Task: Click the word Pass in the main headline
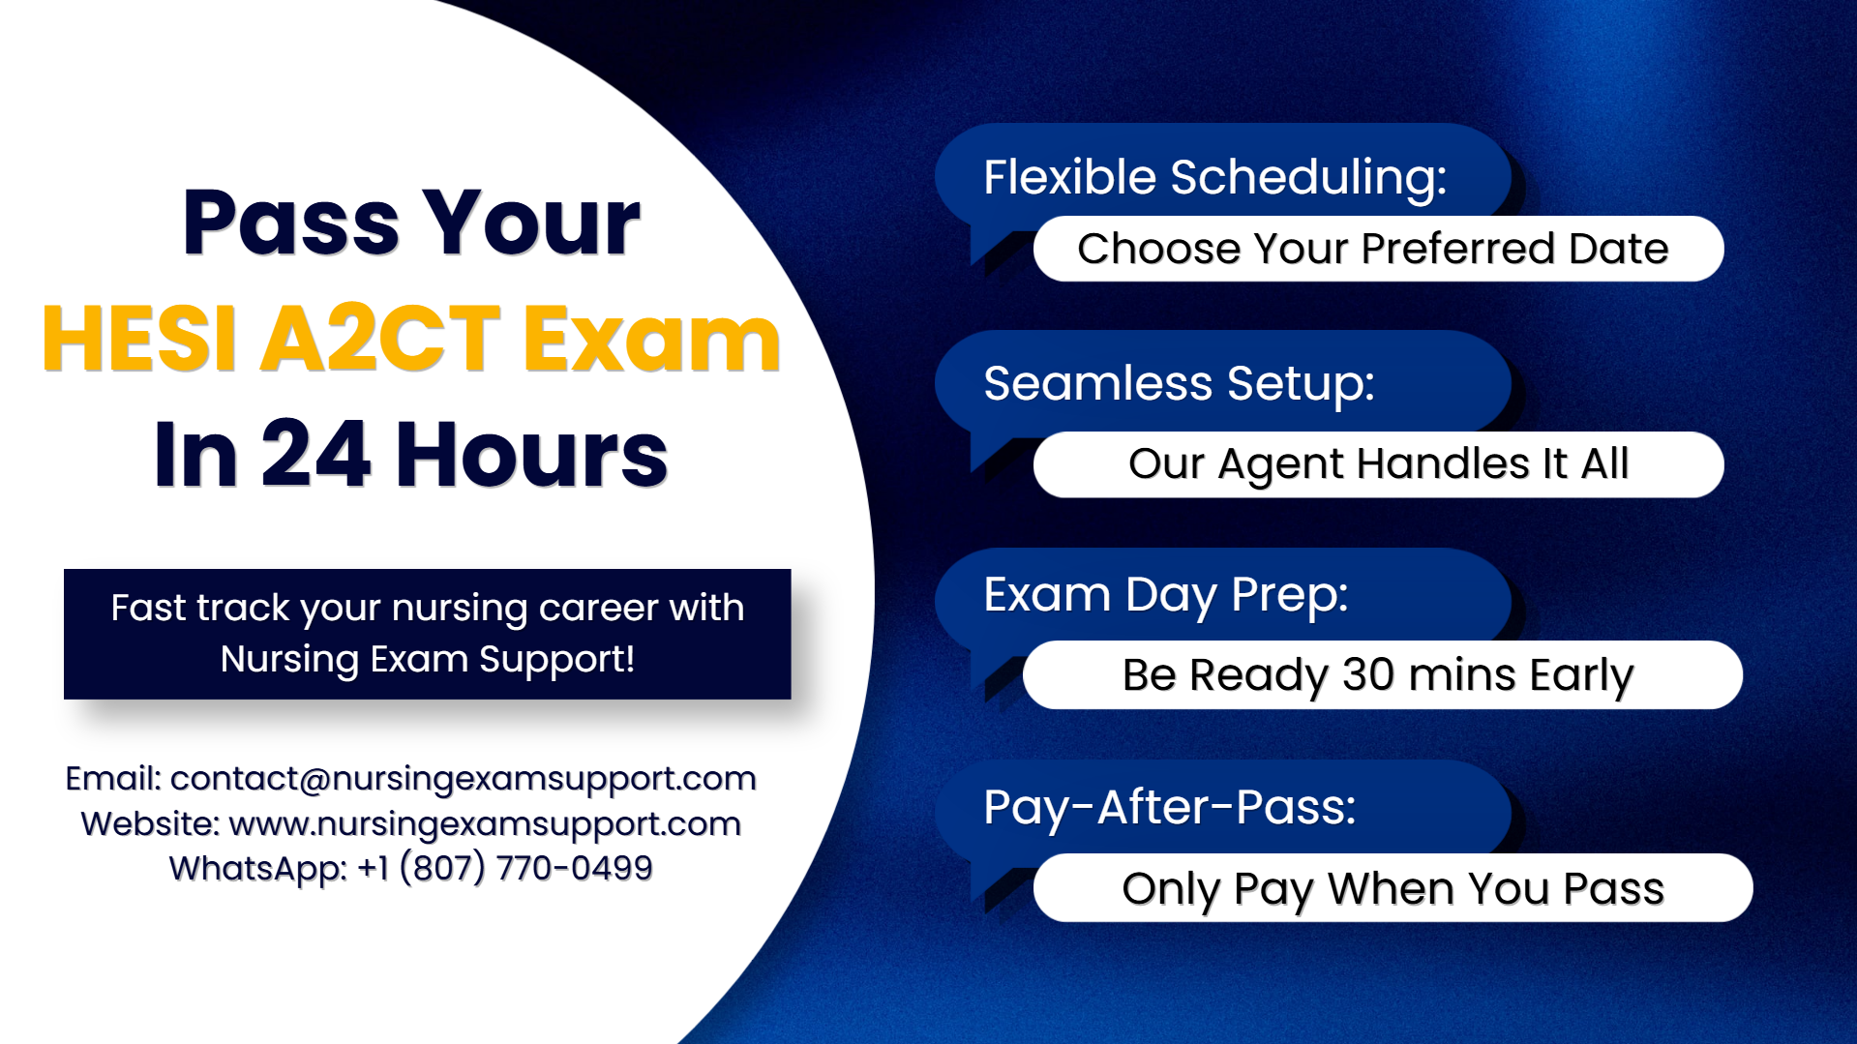pos(290,223)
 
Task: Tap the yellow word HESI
pos(139,338)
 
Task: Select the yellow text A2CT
pos(380,338)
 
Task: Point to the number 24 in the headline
pos(315,453)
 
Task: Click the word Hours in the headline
pos(531,453)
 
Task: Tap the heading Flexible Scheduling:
pos(1215,178)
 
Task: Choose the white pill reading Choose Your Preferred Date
pos(1378,249)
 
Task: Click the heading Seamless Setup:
pos(1179,384)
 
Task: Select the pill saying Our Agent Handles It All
pos(1378,464)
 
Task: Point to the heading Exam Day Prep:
pos(1166,595)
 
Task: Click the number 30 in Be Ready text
pos(1368,674)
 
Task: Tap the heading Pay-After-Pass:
pos(1170,807)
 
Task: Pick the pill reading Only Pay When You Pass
pos(1393,888)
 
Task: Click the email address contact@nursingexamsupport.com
pos(464,779)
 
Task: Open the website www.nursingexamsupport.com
pos(485,824)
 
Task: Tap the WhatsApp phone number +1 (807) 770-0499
pos(505,869)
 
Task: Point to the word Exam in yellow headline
pos(651,338)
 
